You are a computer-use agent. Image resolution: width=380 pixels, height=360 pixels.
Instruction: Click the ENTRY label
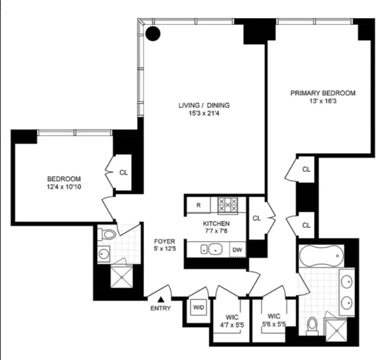coord(160,308)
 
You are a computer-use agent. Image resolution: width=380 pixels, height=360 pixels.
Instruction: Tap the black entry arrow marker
coord(161,299)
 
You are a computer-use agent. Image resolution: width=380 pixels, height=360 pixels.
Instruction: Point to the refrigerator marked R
coord(199,205)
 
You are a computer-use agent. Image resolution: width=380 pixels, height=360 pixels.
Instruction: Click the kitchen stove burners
coord(228,204)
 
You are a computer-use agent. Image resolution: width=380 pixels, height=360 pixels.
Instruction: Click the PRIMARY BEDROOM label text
coord(323,93)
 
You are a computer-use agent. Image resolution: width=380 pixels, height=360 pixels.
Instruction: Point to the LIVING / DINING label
coord(204,105)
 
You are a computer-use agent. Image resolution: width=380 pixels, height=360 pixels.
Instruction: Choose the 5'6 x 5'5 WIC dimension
coord(274,324)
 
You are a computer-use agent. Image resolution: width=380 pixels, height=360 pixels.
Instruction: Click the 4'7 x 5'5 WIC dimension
coord(232,325)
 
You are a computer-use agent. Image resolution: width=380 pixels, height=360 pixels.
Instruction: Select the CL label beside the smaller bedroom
coord(124,172)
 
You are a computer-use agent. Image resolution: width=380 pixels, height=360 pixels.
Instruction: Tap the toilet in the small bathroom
coord(108,234)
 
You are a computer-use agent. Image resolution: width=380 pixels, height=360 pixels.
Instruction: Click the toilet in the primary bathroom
coord(313,324)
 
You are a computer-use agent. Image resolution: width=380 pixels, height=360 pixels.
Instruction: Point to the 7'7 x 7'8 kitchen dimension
coord(216,231)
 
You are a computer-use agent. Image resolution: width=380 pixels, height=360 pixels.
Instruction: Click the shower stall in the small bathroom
coord(119,275)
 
